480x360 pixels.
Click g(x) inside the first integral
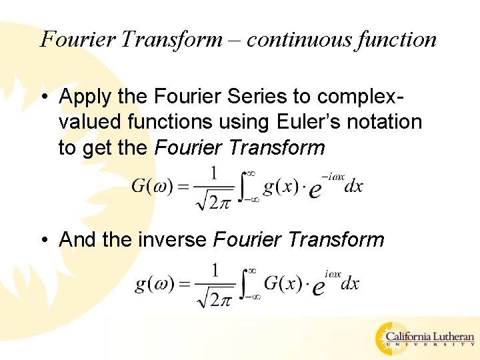pos(279,187)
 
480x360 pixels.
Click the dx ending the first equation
pos(353,187)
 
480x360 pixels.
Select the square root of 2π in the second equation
pos(215,297)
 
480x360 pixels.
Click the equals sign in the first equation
pos(183,187)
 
